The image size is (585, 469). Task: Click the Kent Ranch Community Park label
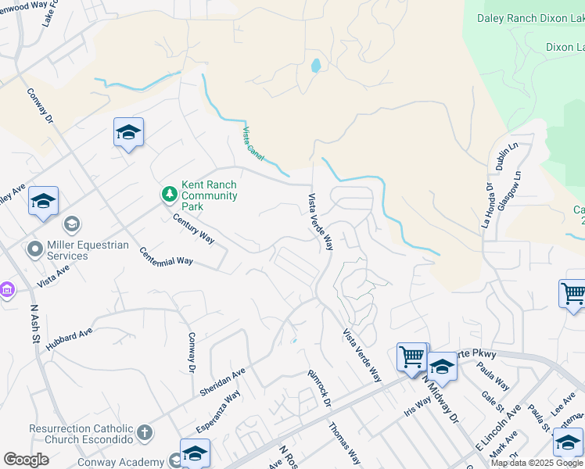point(209,195)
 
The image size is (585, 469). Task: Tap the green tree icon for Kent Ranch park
point(169,193)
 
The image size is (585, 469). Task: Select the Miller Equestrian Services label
point(88,250)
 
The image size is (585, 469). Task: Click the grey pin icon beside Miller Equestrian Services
point(34,250)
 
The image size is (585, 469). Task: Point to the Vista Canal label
point(253,145)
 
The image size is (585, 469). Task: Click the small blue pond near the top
point(315,66)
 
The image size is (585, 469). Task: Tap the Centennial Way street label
point(166,256)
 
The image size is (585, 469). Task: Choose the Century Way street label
point(194,226)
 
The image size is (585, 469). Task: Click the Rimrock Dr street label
point(319,386)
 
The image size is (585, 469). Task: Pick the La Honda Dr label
point(488,205)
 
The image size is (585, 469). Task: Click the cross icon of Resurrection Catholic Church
point(144,431)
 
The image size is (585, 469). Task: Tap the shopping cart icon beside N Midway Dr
point(411,356)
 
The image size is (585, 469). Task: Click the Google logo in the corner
point(27,460)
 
